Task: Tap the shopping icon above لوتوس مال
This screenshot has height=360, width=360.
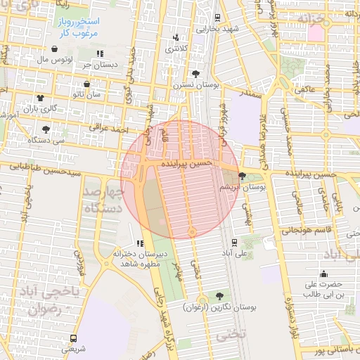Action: (55, 49)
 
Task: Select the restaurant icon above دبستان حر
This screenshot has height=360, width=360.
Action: (99, 53)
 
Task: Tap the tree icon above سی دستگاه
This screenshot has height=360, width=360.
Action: (46, 129)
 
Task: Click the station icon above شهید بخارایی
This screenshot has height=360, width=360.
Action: (218, 18)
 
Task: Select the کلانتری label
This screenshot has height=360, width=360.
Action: (172, 49)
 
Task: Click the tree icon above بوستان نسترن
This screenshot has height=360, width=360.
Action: (195, 73)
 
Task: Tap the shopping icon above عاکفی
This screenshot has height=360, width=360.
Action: (304, 80)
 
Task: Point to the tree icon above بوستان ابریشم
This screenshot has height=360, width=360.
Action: (243, 176)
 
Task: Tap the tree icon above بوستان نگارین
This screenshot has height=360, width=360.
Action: (220, 297)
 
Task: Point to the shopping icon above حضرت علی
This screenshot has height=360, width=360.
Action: (323, 274)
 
